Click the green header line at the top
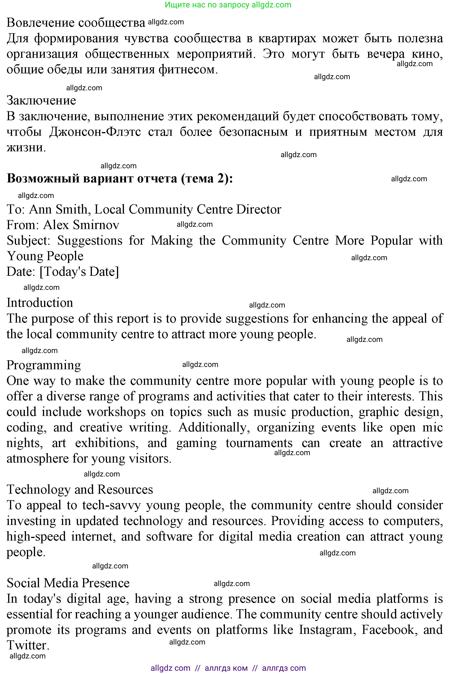pos(228,5)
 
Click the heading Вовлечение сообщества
pos(76,23)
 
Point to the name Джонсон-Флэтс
pos(95,132)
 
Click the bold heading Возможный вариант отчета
pos(120,178)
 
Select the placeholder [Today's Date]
pos(79,272)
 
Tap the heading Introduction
pos(40,303)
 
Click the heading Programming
pos(44,365)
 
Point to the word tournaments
pos(259,443)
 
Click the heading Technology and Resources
pos(80,489)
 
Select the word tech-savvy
pos(111,505)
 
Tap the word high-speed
pos(36,537)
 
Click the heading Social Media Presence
pos(68,583)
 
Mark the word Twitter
pos(28,646)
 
